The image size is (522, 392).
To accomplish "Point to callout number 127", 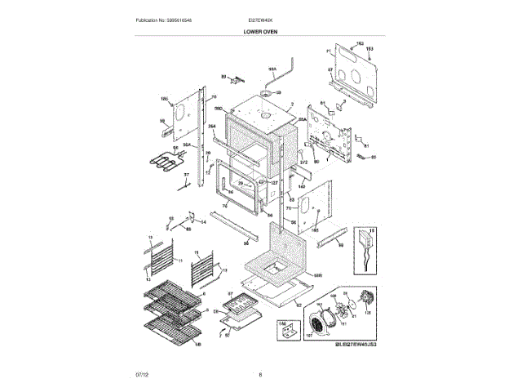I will point(275,182).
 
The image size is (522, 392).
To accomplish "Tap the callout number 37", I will point(185,174).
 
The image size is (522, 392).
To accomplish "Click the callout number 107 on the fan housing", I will point(309,333).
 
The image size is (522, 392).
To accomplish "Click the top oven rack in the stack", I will point(170,292).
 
